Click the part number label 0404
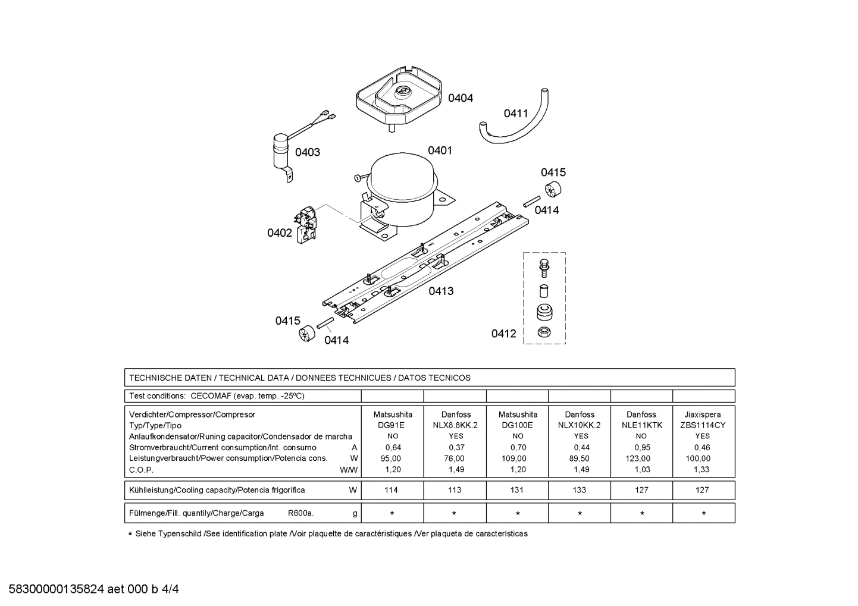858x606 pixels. (x=460, y=98)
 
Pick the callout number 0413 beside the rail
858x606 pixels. (x=441, y=291)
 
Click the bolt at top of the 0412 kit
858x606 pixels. (x=543, y=267)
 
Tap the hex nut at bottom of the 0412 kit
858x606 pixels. (x=543, y=332)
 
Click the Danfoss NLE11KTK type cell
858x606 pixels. (x=641, y=425)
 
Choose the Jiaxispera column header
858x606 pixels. (x=702, y=415)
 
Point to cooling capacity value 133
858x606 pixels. (x=579, y=490)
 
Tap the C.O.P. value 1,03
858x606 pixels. (x=641, y=469)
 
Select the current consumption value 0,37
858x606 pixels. (x=455, y=447)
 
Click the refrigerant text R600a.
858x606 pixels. (x=300, y=513)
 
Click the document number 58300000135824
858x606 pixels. (x=57, y=589)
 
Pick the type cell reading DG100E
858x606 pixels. (x=517, y=425)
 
